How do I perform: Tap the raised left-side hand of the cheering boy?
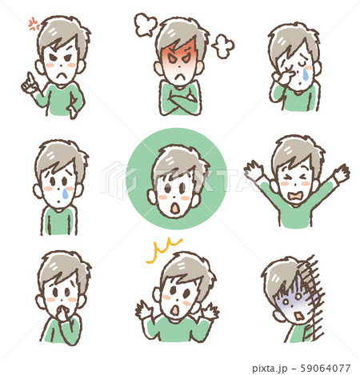coord(254,170)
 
